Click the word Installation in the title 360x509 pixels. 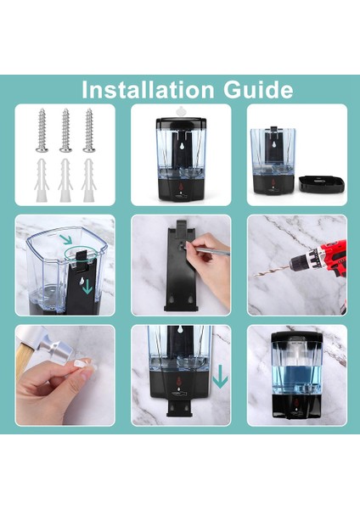point(148,90)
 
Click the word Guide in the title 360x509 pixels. point(259,90)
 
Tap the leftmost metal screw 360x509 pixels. point(42,130)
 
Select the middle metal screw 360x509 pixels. point(65,130)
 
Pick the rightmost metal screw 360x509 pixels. point(88,130)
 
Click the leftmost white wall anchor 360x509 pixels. point(42,180)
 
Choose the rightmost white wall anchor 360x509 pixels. point(88,180)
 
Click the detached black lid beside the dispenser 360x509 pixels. point(321,184)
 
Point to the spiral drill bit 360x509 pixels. point(273,271)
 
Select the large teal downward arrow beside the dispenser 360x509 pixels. point(220,377)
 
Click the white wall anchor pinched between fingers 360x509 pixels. point(85,365)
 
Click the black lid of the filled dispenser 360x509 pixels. point(297,338)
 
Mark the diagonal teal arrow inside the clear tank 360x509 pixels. point(66,239)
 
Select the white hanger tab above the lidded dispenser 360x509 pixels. point(181,112)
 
